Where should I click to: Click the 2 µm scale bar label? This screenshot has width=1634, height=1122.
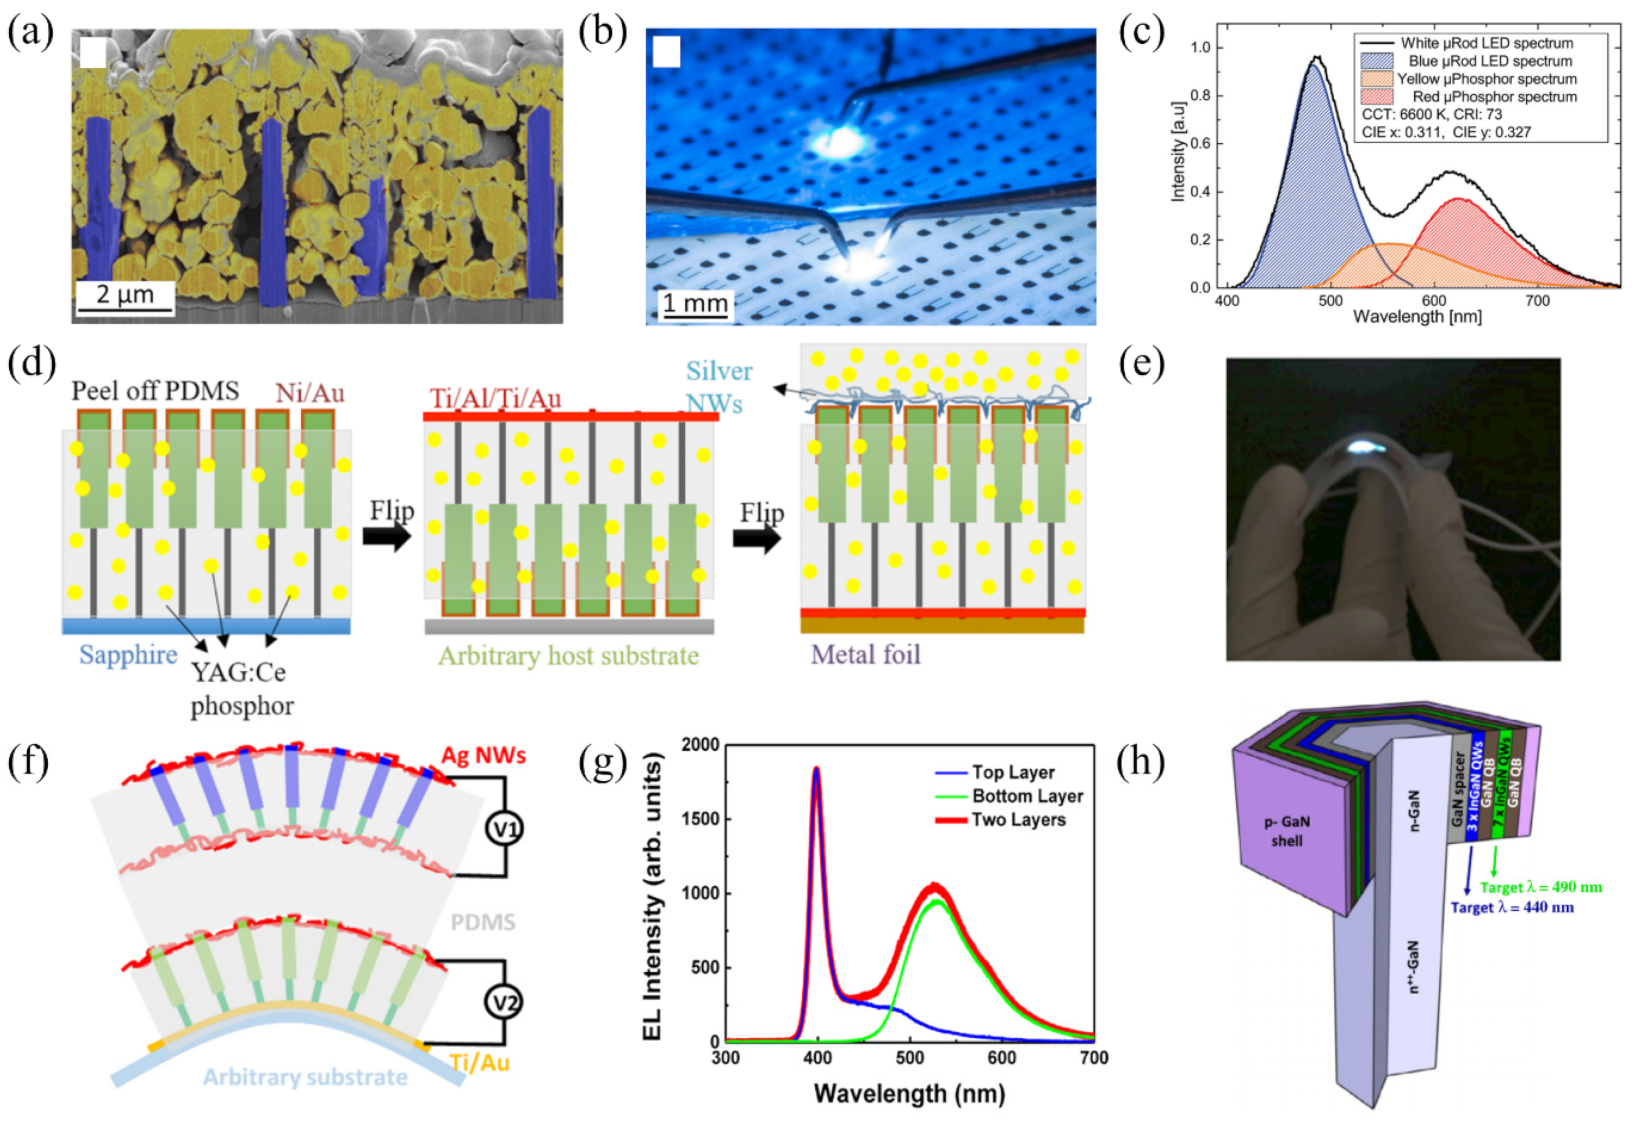coord(125,294)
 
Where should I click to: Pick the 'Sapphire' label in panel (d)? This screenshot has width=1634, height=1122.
coord(128,654)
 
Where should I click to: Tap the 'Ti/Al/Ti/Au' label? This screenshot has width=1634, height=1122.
coord(495,399)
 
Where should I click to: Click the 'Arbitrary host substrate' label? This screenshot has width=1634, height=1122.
coord(568,656)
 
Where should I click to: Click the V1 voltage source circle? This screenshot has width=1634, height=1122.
coord(505,829)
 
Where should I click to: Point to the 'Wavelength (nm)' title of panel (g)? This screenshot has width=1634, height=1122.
coord(909,1093)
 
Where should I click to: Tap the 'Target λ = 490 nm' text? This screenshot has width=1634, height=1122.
coord(1540,887)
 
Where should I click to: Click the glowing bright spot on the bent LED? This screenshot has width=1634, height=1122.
coord(1363,446)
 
